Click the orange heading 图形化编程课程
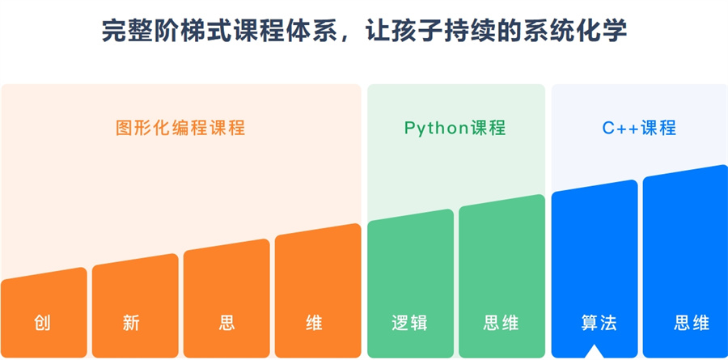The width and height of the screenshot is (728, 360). point(180,128)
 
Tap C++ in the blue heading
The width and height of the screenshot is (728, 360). point(620,128)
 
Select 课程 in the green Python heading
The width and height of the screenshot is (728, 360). point(488,128)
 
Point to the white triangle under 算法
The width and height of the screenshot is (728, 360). point(595,352)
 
